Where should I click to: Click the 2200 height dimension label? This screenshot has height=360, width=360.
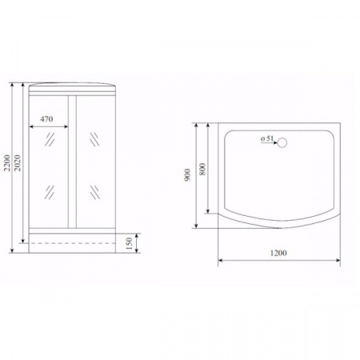click(6, 162)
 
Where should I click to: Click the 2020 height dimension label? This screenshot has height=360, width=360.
click(18, 162)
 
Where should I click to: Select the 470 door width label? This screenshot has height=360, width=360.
click(46, 119)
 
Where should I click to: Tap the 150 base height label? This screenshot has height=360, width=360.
click(129, 243)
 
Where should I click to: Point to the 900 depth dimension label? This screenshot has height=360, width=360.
click(187, 174)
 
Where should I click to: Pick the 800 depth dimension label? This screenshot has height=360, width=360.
click(202, 169)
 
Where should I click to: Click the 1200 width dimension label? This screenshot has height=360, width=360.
click(278, 253)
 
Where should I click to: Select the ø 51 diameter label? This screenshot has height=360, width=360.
click(267, 138)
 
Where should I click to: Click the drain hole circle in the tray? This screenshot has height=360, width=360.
click(282, 143)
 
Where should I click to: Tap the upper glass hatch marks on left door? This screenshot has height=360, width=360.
click(50, 139)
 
